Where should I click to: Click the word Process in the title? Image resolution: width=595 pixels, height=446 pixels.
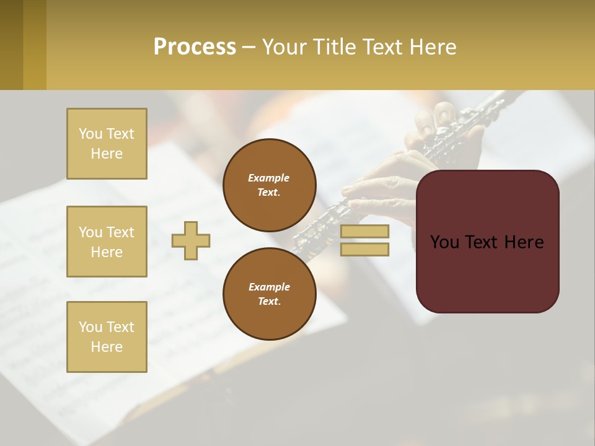[x=195, y=47]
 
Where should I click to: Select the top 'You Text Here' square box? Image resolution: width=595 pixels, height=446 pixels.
[x=107, y=144]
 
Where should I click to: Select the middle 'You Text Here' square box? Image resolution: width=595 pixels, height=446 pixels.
[x=107, y=242]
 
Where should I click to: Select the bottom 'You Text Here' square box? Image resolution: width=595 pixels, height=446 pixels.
[x=107, y=337]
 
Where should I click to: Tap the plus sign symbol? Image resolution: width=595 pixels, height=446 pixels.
[x=191, y=240]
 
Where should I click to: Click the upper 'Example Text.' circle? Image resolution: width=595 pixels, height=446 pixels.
[x=269, y=185]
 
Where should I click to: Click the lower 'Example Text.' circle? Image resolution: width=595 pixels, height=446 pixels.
[x=269, y=294]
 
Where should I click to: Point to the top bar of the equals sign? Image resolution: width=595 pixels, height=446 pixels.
[x=364, y=231]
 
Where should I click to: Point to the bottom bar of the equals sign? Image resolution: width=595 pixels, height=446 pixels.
[x=364, y=250]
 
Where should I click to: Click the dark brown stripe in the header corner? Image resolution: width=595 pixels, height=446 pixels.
[x=11, y=45]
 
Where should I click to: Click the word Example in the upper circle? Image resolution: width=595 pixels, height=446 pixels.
[x=269, y=178]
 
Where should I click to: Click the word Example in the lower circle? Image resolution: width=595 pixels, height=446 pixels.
[x=269, y=287]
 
